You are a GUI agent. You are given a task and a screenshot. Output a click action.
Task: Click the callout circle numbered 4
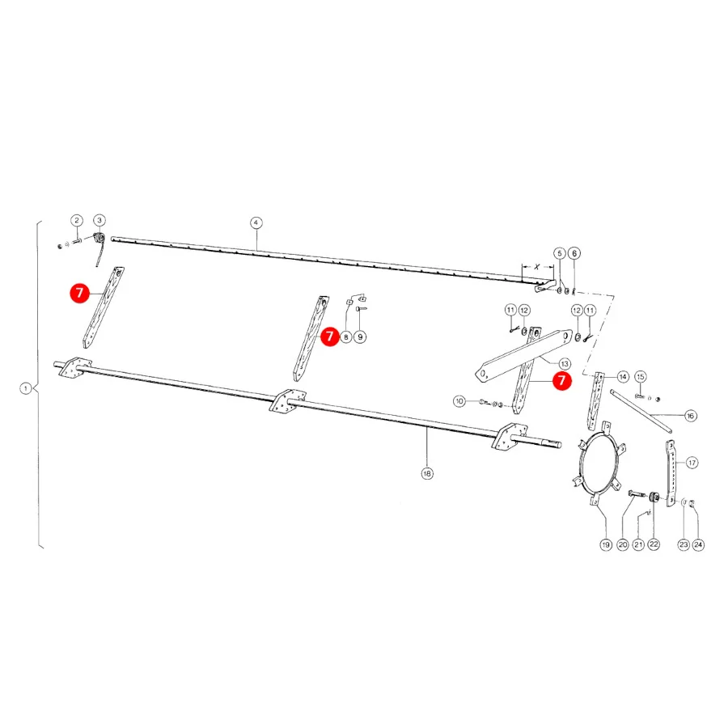(x=256, y=223)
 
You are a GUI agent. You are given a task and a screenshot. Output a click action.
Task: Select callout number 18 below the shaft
(x=427, y=473)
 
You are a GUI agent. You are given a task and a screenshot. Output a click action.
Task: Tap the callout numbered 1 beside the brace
(x=26, y=388)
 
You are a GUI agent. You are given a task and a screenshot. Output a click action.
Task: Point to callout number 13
(x=565, y=363)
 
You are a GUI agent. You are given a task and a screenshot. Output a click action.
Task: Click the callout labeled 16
(x=691, y=416)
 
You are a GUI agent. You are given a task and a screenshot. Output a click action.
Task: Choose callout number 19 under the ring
(x=606, y=544)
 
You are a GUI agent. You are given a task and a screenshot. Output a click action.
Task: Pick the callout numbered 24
(x=698, y=544)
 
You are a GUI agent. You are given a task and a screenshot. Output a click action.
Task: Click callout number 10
(x=459, y=401)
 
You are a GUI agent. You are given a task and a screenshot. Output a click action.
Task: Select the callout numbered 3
(x=99, y=220)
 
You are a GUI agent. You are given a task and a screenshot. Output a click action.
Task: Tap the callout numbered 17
(x=692, y=463)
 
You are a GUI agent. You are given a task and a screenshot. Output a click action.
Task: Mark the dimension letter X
(x=537, y=267)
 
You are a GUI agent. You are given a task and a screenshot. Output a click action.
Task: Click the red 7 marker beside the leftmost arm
(x=80, y=293)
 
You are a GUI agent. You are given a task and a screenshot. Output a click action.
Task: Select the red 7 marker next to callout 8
(x=330, y=336)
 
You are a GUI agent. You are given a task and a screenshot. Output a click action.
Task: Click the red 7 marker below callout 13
(x=562, y=381)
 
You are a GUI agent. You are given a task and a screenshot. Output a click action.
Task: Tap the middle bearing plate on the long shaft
(x=288, y=400)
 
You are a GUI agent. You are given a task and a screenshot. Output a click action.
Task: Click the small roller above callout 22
(x=654, y=497)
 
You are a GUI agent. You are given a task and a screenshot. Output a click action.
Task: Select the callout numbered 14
(x=623, y=376)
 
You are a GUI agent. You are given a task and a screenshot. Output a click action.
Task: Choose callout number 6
(x=574, y=253)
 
